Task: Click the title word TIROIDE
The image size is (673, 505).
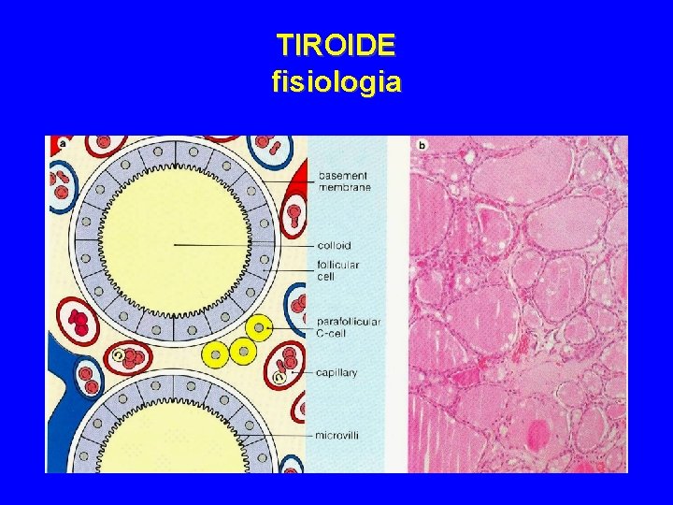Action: coord(336,45)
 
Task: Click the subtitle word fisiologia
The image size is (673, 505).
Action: coord(336,82)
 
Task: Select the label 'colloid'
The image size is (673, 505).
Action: coord(334,246)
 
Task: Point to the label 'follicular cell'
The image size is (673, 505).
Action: coord(337,270)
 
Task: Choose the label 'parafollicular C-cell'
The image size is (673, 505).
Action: coord(349,327)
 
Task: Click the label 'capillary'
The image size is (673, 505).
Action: coord(336,372)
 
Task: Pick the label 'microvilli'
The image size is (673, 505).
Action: coord(337,435)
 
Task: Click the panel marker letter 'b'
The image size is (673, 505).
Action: coord(422,144)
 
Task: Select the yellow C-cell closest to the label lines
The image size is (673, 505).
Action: coord(258,326)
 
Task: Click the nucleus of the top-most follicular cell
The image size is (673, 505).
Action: coord(174,151)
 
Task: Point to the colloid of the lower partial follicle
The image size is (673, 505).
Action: coord(173,440)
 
